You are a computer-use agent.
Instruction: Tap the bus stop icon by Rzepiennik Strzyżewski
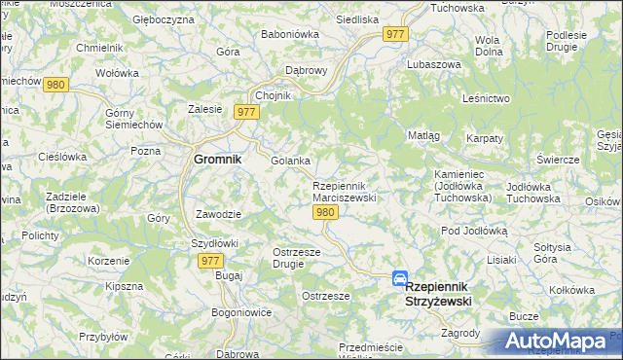[399, 278]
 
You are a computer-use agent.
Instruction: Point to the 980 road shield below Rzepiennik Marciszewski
[326, 213]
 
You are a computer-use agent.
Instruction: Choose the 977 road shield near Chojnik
[246, 113]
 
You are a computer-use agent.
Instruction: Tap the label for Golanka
[290, 161]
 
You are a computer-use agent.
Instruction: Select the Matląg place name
[423, 135]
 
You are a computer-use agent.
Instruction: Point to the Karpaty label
[484, 139]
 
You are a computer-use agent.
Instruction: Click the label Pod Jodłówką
[474, 231]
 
